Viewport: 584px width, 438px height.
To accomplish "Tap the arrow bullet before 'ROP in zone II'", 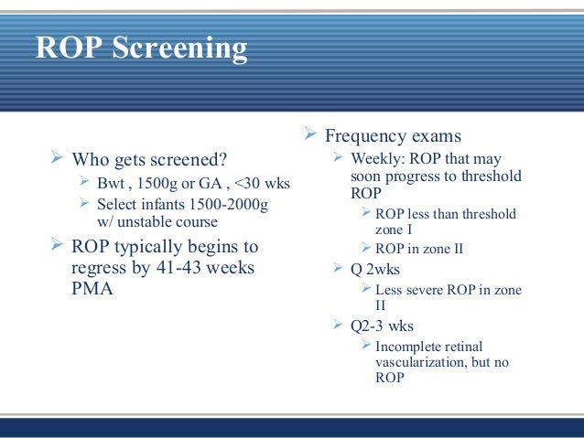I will [366, 248].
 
